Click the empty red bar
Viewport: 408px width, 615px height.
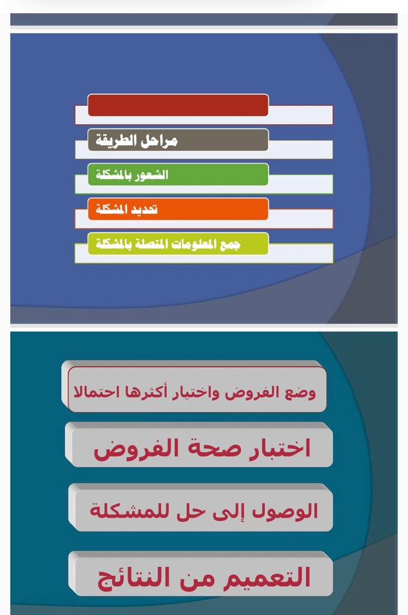178,105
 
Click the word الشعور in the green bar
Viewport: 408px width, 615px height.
151,175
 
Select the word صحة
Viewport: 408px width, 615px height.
215,448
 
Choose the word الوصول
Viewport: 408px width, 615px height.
285,511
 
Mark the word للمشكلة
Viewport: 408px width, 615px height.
131,511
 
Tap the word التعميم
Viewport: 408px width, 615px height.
266,577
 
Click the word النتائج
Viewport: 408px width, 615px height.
133,578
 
